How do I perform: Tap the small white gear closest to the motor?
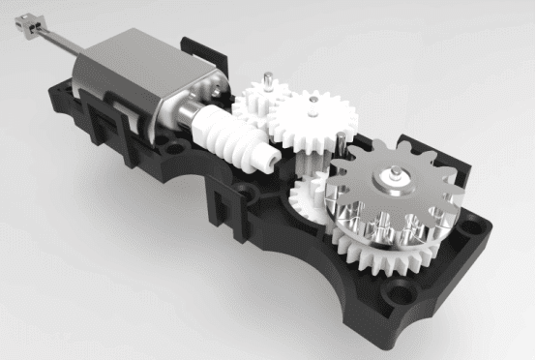coord(258,98)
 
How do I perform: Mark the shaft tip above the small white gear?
coord(262,76)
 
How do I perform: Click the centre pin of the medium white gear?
coord(312,98)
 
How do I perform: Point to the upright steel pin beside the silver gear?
coord(344,145)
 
